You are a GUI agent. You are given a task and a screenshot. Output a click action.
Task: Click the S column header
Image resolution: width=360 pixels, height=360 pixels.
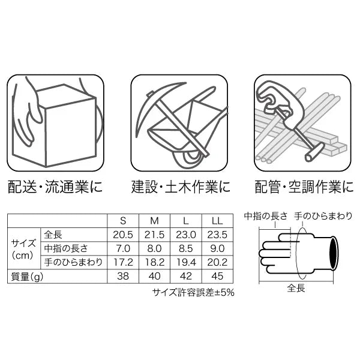click(123, 221)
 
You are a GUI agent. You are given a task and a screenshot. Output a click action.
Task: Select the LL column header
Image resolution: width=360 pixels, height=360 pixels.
click(217, 221)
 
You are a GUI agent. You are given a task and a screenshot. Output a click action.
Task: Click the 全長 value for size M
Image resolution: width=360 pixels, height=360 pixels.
click(154, 235)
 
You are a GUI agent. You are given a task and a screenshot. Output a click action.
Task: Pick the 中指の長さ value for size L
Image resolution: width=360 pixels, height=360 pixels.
click(186, 248)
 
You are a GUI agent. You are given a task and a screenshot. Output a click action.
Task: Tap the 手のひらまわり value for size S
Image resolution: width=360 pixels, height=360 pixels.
click(123, 262)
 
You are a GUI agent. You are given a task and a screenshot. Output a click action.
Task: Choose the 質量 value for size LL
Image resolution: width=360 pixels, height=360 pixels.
click(217, 276)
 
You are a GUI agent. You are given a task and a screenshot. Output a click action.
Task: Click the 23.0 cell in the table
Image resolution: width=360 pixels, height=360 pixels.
click(186, 235)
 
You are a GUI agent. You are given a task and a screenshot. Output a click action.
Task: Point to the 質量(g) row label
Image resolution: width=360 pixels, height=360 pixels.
click(27, 277)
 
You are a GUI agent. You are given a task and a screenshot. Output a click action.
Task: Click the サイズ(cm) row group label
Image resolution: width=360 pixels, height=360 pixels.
click(23, 249)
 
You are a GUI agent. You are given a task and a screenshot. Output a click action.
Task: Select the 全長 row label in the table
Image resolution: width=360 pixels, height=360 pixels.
click(53, 235)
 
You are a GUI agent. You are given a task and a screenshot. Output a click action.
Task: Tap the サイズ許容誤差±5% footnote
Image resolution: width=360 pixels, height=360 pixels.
click(193, 293)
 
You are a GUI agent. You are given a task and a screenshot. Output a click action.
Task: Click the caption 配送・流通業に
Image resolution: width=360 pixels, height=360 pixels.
click(55, 187)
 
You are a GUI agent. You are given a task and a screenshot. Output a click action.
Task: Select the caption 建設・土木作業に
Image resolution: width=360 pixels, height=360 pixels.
click(181, 187)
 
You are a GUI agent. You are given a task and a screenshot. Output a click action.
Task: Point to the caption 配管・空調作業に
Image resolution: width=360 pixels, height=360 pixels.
click(304, 187)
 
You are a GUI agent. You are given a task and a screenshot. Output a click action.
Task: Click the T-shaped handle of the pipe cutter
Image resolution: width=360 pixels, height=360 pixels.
click(314, 152)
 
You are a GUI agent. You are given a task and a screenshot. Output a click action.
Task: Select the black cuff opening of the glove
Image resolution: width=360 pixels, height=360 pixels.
click(334, 253)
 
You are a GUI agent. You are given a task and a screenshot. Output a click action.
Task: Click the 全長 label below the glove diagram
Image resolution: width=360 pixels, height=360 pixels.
click(296, 288)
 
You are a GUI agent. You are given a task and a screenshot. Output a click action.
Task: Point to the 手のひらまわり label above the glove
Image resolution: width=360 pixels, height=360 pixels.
click(323, 216)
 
